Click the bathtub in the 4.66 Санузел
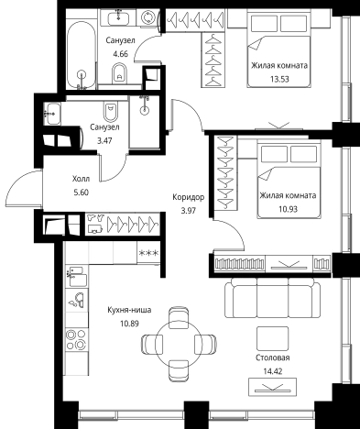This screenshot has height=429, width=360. point(81,56)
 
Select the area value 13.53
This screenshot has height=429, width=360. point(279,79)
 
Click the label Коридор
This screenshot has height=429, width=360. point(188,197)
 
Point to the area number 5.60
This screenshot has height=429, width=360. point(81,192)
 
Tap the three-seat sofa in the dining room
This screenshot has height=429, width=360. point(273,298)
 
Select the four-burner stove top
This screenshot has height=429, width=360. point(76,339)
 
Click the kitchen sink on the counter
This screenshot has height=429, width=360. point(77,300)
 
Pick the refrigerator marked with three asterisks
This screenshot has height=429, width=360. point(148,253)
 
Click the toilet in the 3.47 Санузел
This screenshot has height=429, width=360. point(110,112)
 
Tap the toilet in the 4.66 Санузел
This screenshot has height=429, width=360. point(120,73)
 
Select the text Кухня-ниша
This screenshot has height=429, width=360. point(129,310)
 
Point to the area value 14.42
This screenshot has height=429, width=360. point(273,371)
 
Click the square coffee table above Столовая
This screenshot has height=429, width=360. point(272,338)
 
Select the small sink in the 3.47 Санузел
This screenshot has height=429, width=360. point(52,114)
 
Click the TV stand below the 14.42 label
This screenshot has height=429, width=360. point(272,387)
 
